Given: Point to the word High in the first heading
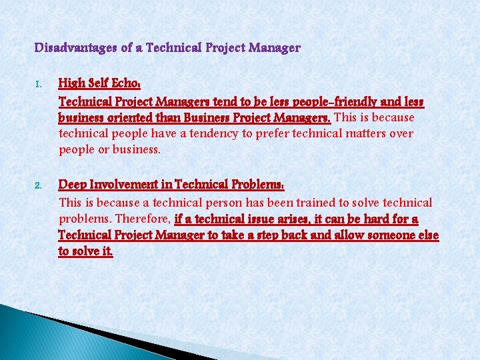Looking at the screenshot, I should tap(71, 84).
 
